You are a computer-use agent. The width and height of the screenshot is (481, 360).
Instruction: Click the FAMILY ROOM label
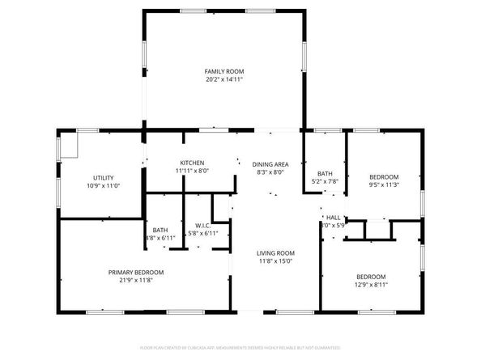coord(224,71)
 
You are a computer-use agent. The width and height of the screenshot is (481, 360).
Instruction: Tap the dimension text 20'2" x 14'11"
coord(224,79)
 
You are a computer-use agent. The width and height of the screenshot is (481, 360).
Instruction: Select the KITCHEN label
coord(192,163)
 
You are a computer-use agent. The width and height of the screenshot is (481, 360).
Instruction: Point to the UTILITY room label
coord(103,177)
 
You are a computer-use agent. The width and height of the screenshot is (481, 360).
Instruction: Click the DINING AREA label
coord(270,163)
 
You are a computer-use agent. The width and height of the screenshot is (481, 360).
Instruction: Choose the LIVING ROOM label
coord(275,252)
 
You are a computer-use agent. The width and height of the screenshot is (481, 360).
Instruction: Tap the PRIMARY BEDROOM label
coord(136,272)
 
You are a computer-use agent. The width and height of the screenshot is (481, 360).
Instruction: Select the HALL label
coord(334,218)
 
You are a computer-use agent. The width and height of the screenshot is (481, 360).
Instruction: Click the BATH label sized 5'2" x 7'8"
coord(325,173)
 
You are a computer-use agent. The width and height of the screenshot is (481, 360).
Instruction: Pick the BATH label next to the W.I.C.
coord(160,230)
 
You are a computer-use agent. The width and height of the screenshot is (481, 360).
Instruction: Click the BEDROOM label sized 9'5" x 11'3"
coord(384,176)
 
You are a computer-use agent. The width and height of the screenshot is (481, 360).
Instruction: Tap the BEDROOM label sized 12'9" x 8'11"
coord(371,276)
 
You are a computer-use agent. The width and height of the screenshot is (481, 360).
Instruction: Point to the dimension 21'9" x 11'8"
coord(136,281)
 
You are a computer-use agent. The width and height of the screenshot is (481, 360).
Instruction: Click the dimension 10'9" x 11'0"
coord(103,186)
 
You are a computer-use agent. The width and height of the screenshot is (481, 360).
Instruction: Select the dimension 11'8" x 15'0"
coord(275,260)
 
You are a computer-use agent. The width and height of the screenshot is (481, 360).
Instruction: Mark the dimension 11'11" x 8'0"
coord(192,171)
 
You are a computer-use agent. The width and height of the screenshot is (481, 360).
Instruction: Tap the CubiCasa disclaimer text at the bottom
coord(240,347)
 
